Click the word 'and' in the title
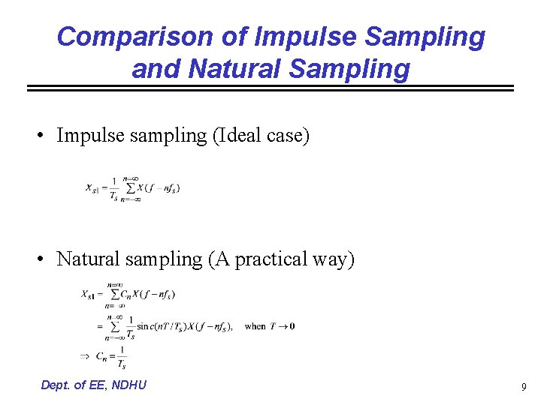click(x=156, y=69)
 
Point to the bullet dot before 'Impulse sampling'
click(x=46, y=136)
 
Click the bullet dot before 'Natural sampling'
click(x=46, y=259)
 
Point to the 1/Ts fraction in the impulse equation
click(x=113, y=188)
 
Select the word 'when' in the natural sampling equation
click(x=255, y=326)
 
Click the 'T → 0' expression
click(x=284, y=326)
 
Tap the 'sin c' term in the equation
click(x=146, y=326)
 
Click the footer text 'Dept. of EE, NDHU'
click(x=94, y=385)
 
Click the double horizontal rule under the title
click(x=270, y=88)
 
